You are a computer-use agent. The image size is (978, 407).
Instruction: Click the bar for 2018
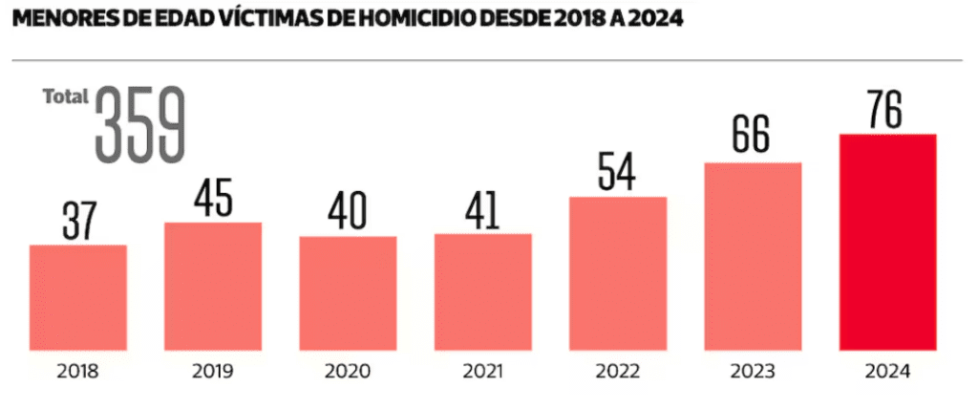coord(77,298)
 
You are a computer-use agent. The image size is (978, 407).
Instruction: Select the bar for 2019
coord(213,287)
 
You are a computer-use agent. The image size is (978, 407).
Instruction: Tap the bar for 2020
coord(348,293)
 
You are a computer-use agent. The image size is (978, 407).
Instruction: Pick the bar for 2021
coord(482,292)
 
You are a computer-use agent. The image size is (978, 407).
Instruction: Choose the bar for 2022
coord(618,274)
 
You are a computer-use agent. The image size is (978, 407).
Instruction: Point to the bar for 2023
coord(753,257)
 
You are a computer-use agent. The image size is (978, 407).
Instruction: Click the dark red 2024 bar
coord(887,243)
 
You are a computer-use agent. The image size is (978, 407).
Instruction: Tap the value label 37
coord(77,219)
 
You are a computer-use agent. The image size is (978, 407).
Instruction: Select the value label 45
coord(213,196)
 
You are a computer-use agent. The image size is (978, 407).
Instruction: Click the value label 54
coord(618,171)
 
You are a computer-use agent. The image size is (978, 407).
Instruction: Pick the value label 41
coord(482,208)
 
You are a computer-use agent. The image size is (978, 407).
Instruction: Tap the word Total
coord(66,96)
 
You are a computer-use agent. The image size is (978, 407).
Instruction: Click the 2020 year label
coord(348,371)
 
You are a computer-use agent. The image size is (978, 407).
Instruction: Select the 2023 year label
coord(753,371)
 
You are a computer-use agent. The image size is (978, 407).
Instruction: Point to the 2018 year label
coord(77,371)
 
